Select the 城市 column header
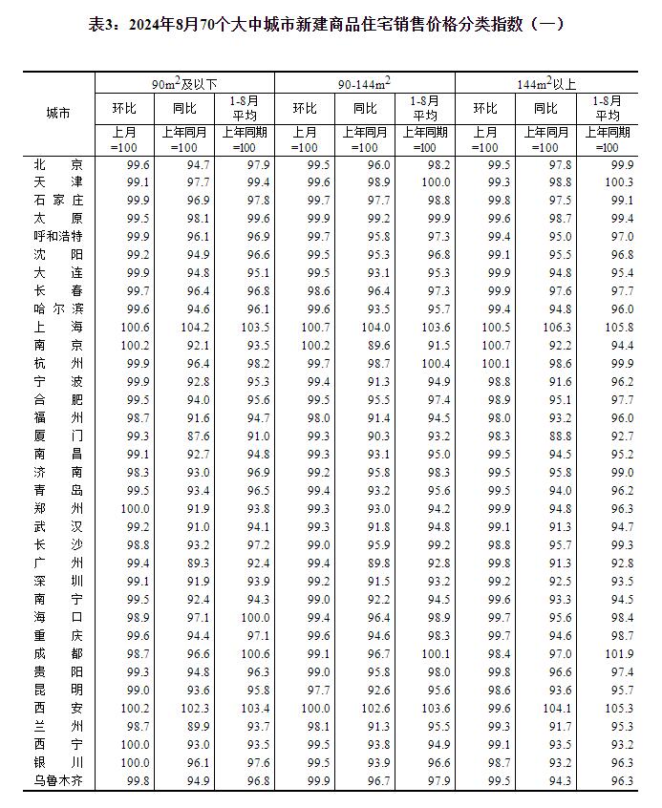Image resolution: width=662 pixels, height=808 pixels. coord(57,113)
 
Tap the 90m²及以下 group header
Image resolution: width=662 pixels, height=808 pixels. coord(183,84)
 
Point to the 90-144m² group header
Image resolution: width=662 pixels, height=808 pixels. coord(364,84)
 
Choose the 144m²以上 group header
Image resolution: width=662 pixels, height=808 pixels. coord(545,84)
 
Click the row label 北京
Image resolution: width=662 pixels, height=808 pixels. coord(57,164)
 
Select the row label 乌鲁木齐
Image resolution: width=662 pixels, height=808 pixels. coord(57,781)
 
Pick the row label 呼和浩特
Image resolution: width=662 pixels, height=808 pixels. coord(57,236)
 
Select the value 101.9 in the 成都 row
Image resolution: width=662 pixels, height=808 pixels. coord(619,654)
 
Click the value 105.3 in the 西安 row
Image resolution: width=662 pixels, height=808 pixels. coord(619,709)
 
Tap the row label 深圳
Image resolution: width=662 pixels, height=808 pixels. coord(57,582)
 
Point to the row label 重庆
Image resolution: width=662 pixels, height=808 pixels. coord(57,636)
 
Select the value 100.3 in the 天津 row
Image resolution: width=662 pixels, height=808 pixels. coord(619,181)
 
